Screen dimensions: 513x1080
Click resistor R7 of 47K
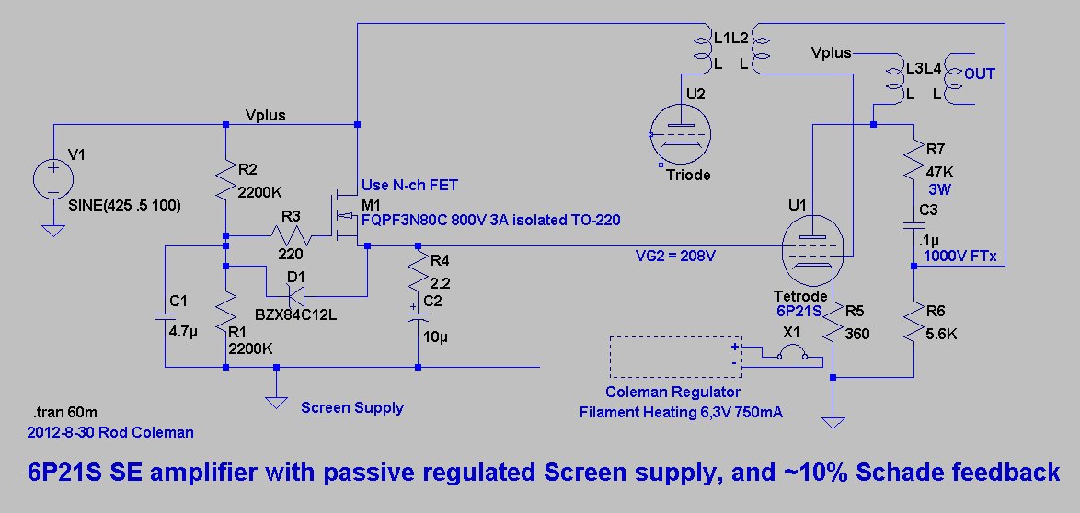913,160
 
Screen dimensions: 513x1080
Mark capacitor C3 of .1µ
913,226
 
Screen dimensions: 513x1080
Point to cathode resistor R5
833,322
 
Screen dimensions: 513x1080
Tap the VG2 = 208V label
675,255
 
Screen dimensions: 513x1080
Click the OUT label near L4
980,74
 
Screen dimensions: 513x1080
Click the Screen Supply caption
352,407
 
